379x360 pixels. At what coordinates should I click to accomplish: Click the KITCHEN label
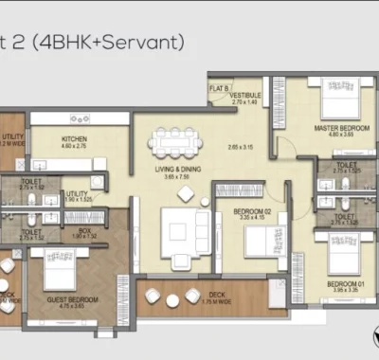click(74, 137)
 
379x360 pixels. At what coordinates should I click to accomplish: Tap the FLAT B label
click(217, 90)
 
